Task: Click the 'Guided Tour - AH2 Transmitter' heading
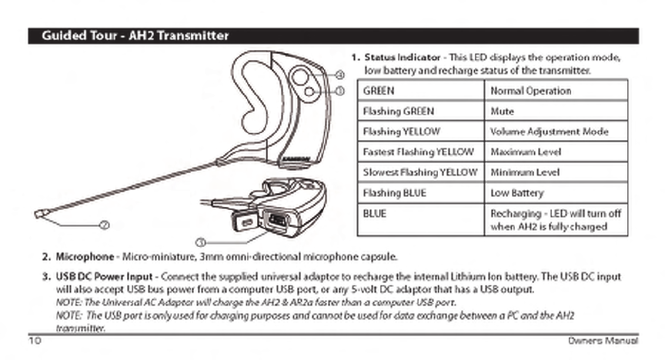(x=135, y=36)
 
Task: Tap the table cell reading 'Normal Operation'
(x=530, y=91)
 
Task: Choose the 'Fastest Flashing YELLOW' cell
(x=418, y=152)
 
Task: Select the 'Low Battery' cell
(x=516, y=193)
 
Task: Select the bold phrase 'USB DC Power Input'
(x=103, y=275)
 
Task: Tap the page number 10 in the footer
(x=35, y=339)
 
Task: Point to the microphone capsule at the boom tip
(x=39, y=212)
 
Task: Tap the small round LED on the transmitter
(x=309, y=91)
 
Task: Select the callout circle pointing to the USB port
(x=201, y=242)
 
